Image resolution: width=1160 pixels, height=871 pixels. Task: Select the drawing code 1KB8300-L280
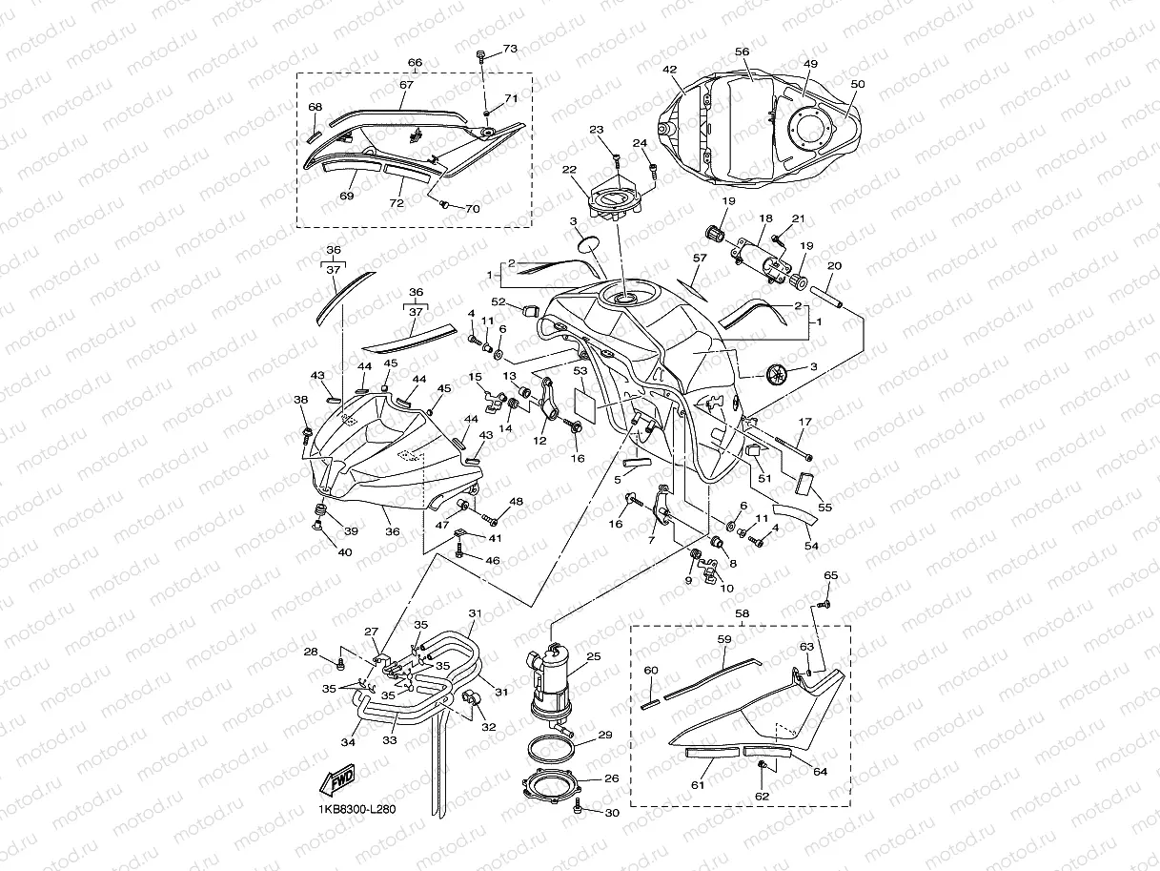click(357, 809)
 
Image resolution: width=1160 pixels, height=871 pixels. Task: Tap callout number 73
click(510, 49)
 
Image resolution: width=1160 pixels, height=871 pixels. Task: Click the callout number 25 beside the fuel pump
click(594, 657)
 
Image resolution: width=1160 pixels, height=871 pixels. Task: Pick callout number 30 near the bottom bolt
click(612, 813)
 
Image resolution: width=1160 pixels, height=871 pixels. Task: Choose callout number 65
click(830, 576)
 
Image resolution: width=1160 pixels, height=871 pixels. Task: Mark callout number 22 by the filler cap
click(569, 170)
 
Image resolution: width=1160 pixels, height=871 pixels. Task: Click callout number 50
click(857, 84)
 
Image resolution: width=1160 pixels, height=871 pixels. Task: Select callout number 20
click(834, 265)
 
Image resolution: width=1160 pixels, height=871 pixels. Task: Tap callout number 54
click(812, 546)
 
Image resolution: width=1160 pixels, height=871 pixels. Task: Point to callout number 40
click(344, 551)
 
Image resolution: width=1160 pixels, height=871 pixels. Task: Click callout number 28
click(311, 652)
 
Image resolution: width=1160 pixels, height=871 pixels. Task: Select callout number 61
click(698, 785)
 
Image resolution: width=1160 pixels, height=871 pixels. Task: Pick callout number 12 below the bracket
click(539, 441)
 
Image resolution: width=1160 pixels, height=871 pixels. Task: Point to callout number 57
click(700, 259)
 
